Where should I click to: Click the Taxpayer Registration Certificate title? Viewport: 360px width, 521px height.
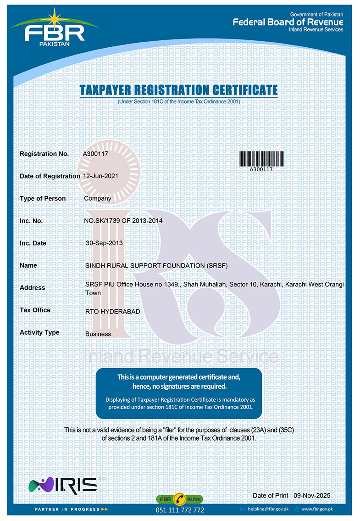click(178, 90)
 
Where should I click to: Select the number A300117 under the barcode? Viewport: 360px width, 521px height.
click(261, 169)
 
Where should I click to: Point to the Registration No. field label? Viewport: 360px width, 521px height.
click(44, 154)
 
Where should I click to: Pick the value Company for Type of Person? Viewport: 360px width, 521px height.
click(98, 199)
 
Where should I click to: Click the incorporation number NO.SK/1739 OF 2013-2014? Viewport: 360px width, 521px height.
click(123, 221)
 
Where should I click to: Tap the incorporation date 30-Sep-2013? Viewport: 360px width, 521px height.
click(105, 243)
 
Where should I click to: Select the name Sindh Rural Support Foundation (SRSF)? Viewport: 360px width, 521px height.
click(156, 265)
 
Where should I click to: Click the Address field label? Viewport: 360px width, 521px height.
click(32, 288)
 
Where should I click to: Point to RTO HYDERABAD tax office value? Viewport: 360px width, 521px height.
click(112, 312)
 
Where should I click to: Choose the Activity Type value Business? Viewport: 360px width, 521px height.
click(98, 334)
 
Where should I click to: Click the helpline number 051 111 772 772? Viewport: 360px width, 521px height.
click(180, 510)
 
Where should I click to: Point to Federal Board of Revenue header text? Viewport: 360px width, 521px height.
click(288, 22)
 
